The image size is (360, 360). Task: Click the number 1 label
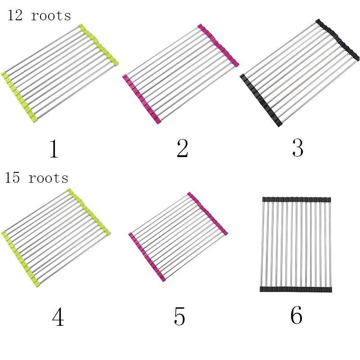pyautogui.click(x=54, y=149)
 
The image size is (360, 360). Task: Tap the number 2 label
pyautogui.click(x=182, y=148)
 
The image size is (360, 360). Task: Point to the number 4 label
pyautogui.click(x=58, y=318)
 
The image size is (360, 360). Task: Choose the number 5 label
pyautogui.click(x=179, y=317)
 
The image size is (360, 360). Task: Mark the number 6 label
pyautogui.click(x=296, y=316)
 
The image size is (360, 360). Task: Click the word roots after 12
pyautogui.click(x=51, y=16)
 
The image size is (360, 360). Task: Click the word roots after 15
pyautogui.click(x=49, y=178)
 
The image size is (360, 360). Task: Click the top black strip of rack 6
pyautogui.click(x=296, y=199)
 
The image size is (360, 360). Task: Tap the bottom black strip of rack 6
pyautogui.click(x=296, y=289)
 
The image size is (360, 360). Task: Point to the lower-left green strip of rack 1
pyautogui.click(x=19, y=97)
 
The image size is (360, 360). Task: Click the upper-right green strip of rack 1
pyautogui.click(x=99, y=45)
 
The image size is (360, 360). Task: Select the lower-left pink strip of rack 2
pyautogui.click(x=142, y=100)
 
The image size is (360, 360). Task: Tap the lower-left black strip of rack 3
pyautogui.click(x=261, y=100)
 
